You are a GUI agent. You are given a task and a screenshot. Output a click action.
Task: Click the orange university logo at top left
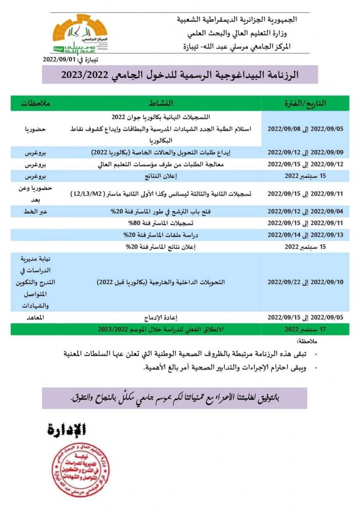(79, 35)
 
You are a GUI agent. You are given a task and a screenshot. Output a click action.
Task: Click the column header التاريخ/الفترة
(303, 103)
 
